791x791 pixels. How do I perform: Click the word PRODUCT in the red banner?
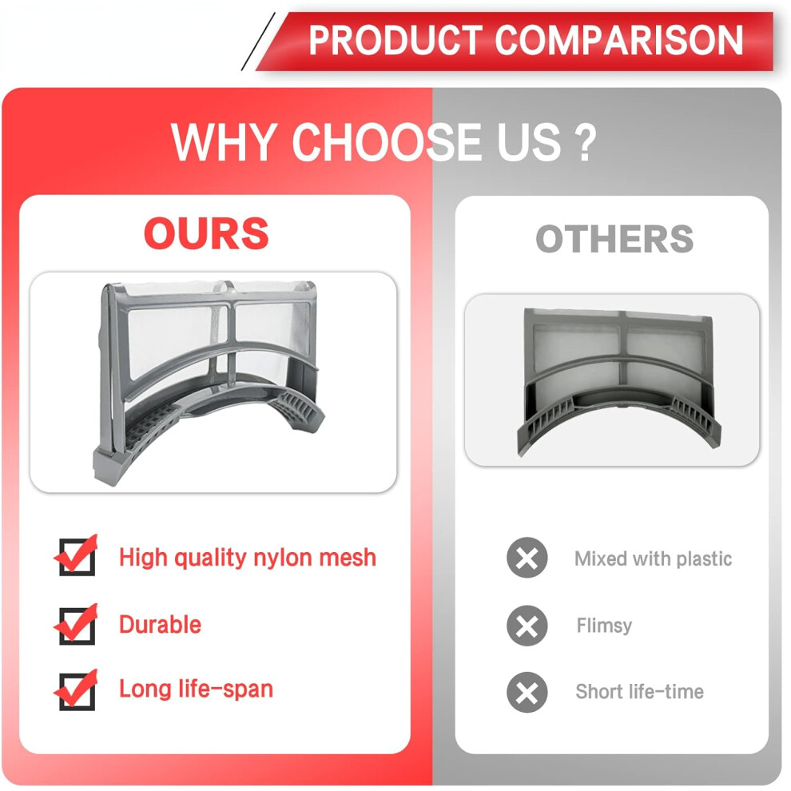pyautogui.click(x=395, y=41)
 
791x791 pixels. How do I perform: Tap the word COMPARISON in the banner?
pyautogui.click(x=619, y=41)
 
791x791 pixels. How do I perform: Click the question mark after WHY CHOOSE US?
pyautogui.click(x=585, y=143)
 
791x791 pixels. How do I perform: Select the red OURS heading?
pyautogui.click(x=206, y=233)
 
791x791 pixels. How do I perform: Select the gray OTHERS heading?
pyautogui.click(x=614, y=239)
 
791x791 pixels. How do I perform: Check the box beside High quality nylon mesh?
pyautogui.click(x=77, y=556)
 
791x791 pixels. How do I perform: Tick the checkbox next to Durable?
pyautogui.click(x=77, y=625)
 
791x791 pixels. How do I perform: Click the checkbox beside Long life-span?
pyautogui.click(x=77, y=690)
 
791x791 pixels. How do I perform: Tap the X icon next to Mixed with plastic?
pyautogui.click(x=527, y=558)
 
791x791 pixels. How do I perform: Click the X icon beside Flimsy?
pyautogui.click(x=527, y=626)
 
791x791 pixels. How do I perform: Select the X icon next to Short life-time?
pyautogui.click(x=527, y=692)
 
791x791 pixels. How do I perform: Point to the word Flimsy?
pyautogui.click(x=604, y=626)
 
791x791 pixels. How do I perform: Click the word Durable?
pyautogui.click(x=161, y=625)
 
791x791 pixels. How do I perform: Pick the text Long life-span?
pyautogui.click(x=197, y=690)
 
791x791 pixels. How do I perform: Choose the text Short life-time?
pyautogui.click(x=640, y=692)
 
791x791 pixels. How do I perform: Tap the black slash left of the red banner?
pyautogui.click(x=258, y=42)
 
